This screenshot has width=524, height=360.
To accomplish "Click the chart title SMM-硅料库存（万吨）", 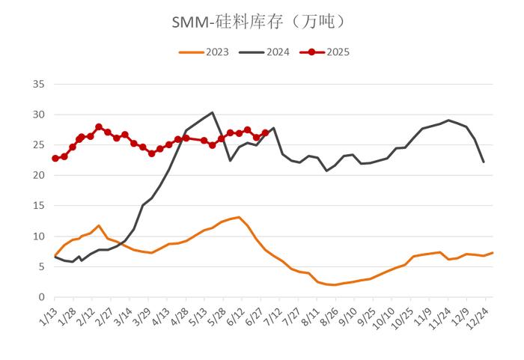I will tap(261, 23).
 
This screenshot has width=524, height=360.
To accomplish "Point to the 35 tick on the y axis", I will tap(37, 85).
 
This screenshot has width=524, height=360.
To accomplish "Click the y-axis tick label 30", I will tap(37, 115).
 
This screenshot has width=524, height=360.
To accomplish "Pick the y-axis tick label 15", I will tap(37, 206).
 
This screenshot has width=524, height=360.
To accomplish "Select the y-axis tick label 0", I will tap(40, 297).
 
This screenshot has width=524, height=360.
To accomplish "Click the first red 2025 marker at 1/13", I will tap(55, 159).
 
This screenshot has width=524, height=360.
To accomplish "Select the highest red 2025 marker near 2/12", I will tap(99, 127).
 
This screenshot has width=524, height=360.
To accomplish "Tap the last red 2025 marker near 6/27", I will tap(265, 133).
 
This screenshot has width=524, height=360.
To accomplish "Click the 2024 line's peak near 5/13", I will tap(213, 113).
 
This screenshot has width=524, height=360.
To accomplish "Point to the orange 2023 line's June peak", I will tap(239, 217).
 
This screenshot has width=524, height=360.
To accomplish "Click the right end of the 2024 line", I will tap(484, 162).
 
